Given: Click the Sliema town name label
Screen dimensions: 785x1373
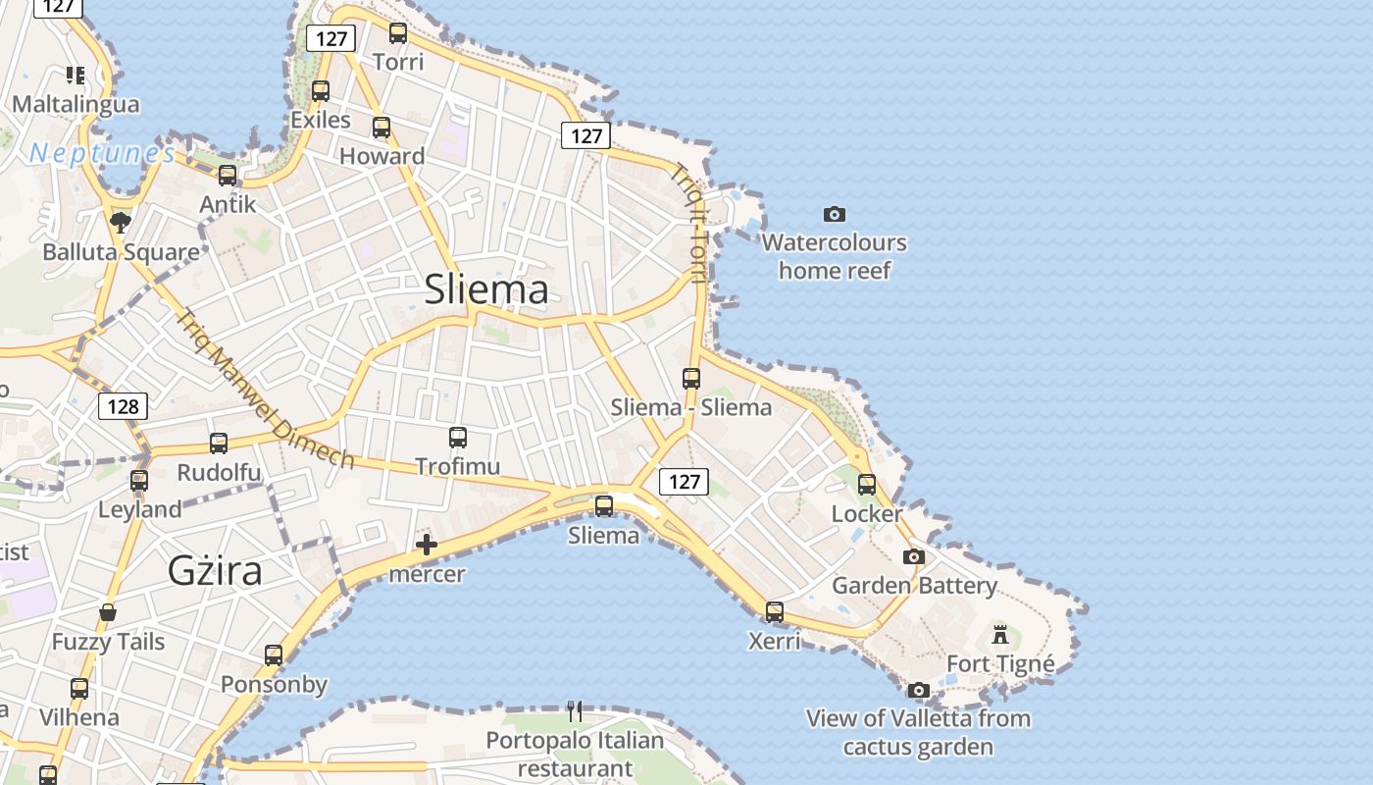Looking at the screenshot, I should [486, 289].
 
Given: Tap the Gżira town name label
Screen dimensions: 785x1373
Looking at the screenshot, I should [215, 569].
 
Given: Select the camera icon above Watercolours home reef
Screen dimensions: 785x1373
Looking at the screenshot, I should [835, 214].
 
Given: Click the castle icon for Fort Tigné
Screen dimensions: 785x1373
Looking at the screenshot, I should [1000, 634].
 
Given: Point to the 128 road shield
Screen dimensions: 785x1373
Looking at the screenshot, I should [123, 406].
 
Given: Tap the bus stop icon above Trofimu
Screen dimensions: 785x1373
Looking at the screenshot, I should [458, 438].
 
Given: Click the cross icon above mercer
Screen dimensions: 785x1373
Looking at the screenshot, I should [427, 545].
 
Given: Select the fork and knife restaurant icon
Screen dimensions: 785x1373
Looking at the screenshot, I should [576, 710].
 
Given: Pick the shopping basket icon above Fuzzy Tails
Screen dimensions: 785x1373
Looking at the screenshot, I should [108, 613].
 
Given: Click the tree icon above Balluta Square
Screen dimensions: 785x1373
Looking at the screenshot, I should [121, 222].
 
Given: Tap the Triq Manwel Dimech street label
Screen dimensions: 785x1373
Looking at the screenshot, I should [265, 390].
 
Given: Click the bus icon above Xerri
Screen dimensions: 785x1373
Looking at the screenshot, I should [775, 612].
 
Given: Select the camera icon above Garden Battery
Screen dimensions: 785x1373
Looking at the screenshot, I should [914, 557].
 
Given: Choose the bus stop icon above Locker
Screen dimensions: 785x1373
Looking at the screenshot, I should [867, 485].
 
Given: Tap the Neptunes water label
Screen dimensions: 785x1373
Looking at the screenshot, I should [102, 153].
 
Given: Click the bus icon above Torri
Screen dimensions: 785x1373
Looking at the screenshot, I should [398, 33].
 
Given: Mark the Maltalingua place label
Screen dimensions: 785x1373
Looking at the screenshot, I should [76, 104].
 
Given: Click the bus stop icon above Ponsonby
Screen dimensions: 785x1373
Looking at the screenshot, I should [274, 655].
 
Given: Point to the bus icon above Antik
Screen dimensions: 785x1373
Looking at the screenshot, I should [228, 176].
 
